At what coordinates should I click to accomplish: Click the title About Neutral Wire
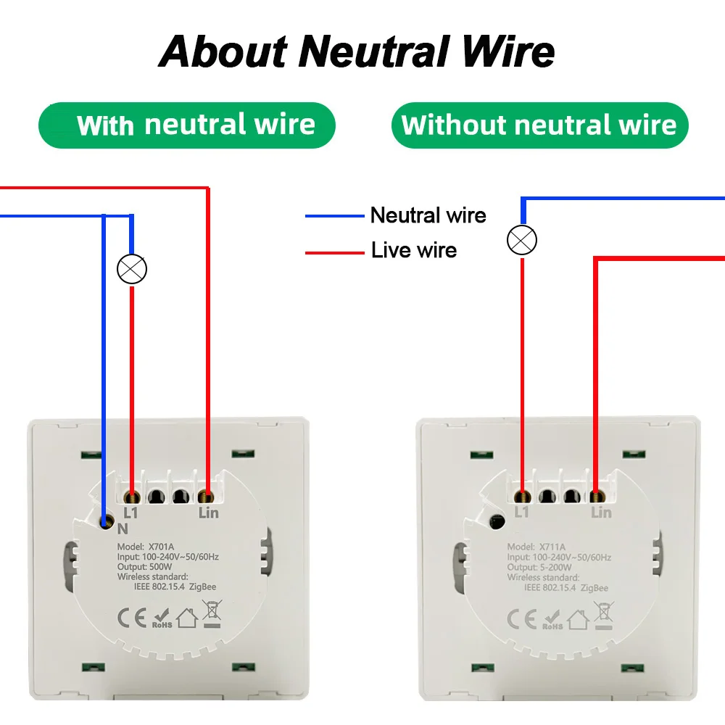point(357,52)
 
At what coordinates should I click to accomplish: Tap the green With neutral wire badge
point(187,125)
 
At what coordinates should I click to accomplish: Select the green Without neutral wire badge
point(539,125)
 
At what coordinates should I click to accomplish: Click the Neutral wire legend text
point(428,215)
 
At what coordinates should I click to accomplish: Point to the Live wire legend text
point(414,251)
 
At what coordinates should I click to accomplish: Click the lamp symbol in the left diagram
point(132,269)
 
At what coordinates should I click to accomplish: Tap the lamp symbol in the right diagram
point(522,240)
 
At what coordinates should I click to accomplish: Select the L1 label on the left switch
point(131,513)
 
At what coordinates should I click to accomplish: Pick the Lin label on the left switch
point(208,513)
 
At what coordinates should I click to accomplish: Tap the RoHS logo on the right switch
point(553,620)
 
